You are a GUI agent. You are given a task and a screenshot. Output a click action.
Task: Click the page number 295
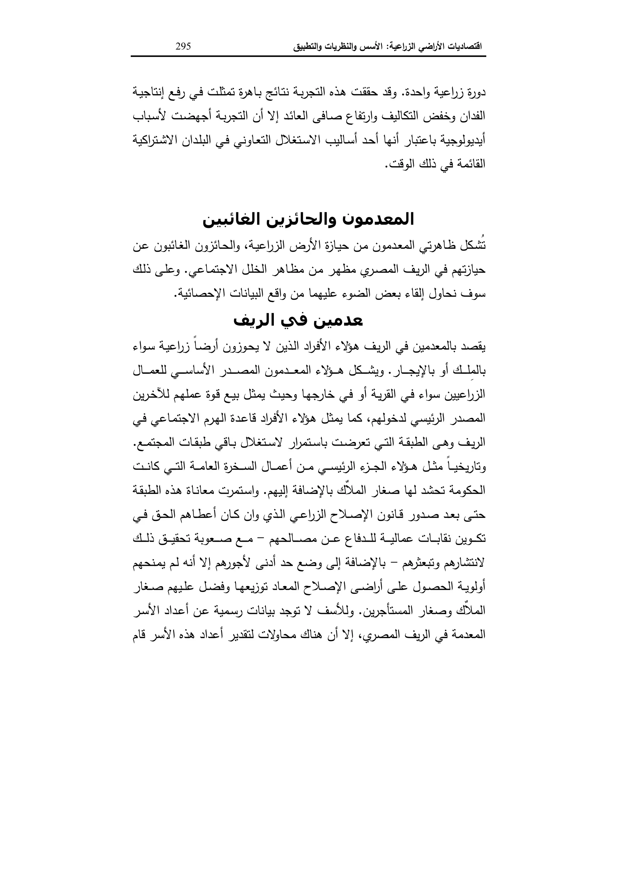183,47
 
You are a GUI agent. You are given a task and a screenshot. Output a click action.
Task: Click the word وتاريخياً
467,467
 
